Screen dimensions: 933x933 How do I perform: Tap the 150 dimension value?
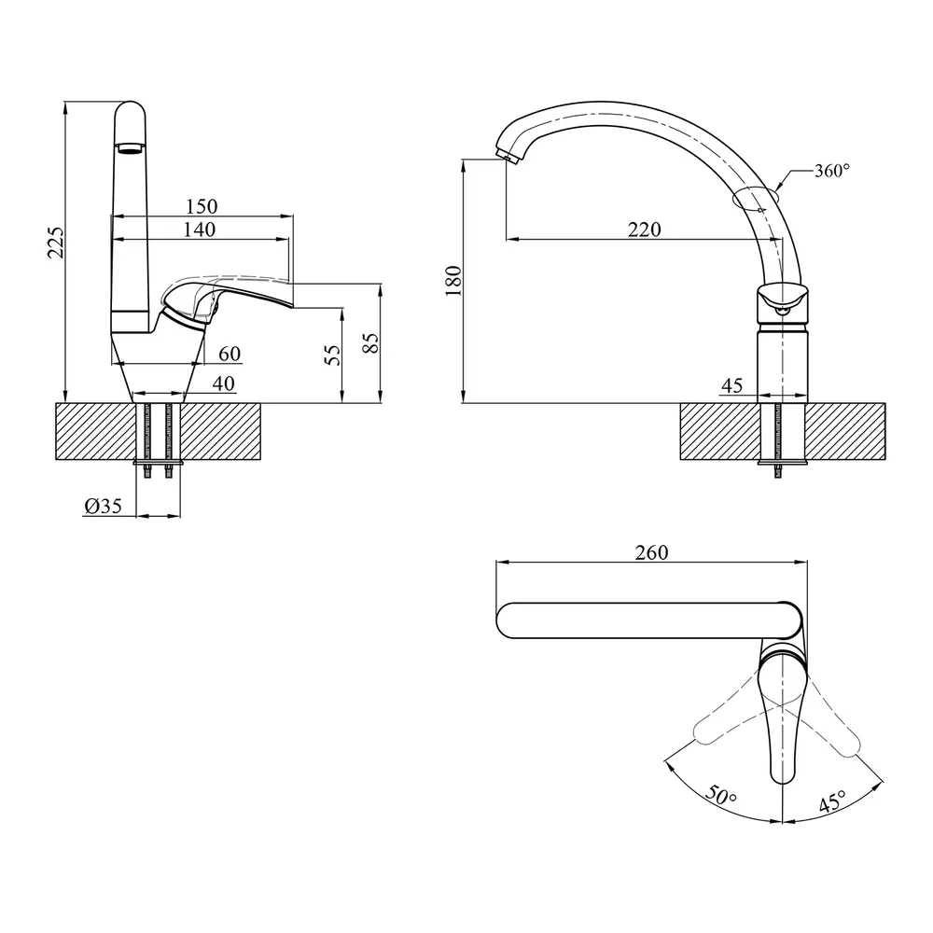201,206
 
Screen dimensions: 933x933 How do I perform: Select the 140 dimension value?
199,230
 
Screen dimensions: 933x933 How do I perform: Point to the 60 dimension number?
230,354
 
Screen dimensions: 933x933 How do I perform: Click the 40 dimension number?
224,383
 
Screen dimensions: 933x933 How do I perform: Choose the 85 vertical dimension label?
370,341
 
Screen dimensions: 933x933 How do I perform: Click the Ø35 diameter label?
103,506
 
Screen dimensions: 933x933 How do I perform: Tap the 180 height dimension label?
454,280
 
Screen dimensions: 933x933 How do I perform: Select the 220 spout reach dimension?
644,230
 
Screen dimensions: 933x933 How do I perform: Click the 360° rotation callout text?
831,171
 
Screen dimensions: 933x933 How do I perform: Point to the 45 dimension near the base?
731,385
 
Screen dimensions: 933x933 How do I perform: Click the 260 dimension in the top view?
650,552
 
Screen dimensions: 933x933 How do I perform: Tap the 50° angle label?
720,797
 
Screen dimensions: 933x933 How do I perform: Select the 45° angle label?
831,801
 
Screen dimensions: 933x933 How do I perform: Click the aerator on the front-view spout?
130,146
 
